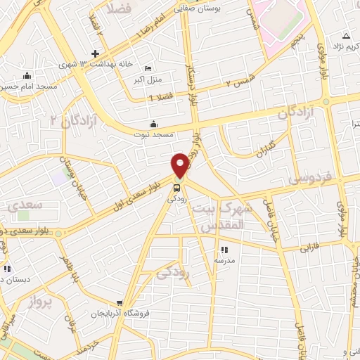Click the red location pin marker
(x=181, y=165)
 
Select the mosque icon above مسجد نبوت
(x=155, y=124)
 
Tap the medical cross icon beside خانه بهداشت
(x=95, y=54)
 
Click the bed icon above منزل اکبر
(x=148, y=68)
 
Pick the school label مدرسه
(x=224, y=260)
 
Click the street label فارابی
(x=310, y=248)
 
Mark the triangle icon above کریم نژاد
(x=345, y=35)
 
